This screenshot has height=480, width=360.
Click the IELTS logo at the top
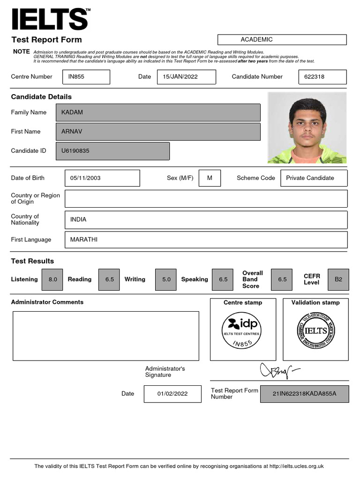[50, 19]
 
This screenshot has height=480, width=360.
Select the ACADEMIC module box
[282, 40]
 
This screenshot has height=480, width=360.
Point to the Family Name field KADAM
[158, 112]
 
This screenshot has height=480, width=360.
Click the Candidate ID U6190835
[112, 151]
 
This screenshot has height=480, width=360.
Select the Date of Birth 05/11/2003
[102, 178]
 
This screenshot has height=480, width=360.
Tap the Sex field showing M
[210, 178]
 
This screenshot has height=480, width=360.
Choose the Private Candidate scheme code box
[314, 178]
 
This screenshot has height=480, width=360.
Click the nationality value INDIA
[206, 220]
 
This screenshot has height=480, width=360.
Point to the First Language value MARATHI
[206, 240]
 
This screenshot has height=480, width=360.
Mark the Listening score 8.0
[53, 279]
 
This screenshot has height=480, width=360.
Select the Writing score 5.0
[166, 279]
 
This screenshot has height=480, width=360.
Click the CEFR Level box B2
[338, 279]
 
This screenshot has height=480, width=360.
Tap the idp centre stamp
[242, 331]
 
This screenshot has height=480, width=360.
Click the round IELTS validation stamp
[315, 331]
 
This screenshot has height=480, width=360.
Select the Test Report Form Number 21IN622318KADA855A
[304, 394]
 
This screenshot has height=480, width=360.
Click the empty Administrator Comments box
[105, 336]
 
